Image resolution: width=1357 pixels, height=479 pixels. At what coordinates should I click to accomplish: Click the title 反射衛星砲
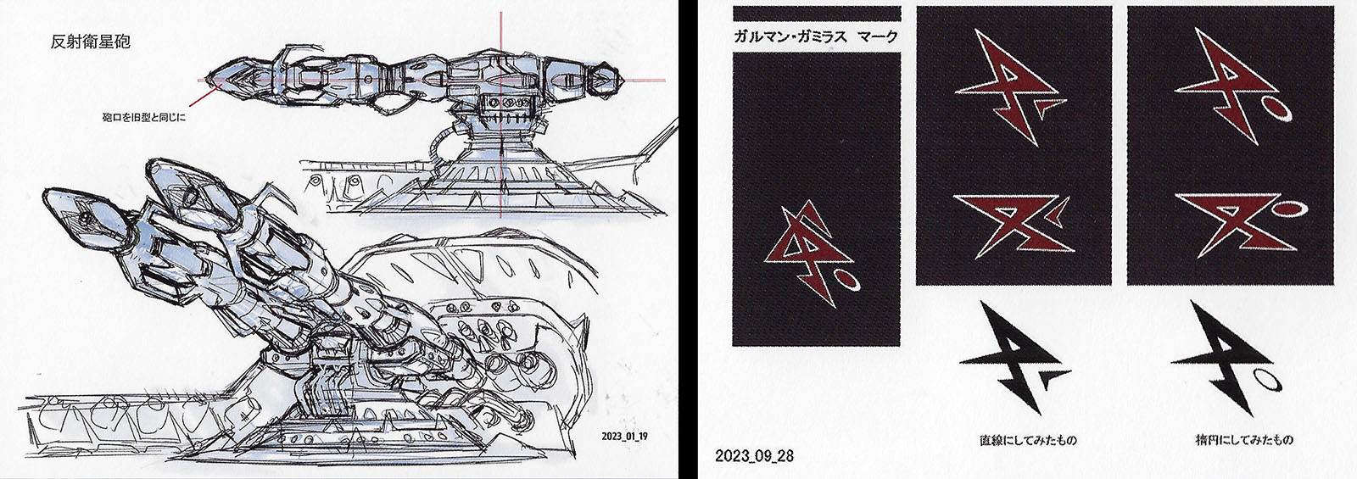pos(90,42)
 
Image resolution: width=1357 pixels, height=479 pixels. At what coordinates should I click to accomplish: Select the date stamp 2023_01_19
pos(624,436)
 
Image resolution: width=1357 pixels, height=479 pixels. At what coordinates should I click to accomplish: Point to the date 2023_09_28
pos(754,455)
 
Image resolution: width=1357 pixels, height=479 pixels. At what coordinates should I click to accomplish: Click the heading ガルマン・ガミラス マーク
pos(815,37)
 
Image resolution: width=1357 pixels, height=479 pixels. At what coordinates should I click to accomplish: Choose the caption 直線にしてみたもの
pos(1028,440)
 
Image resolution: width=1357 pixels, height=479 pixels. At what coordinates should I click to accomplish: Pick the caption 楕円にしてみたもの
pos(1238,439)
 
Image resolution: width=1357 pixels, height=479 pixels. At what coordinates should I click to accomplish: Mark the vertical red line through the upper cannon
pos(501,115)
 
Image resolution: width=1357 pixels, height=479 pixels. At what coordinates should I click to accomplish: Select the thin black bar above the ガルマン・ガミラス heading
pos(817,14)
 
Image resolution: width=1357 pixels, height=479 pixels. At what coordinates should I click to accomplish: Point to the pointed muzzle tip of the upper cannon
pos(207,80)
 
